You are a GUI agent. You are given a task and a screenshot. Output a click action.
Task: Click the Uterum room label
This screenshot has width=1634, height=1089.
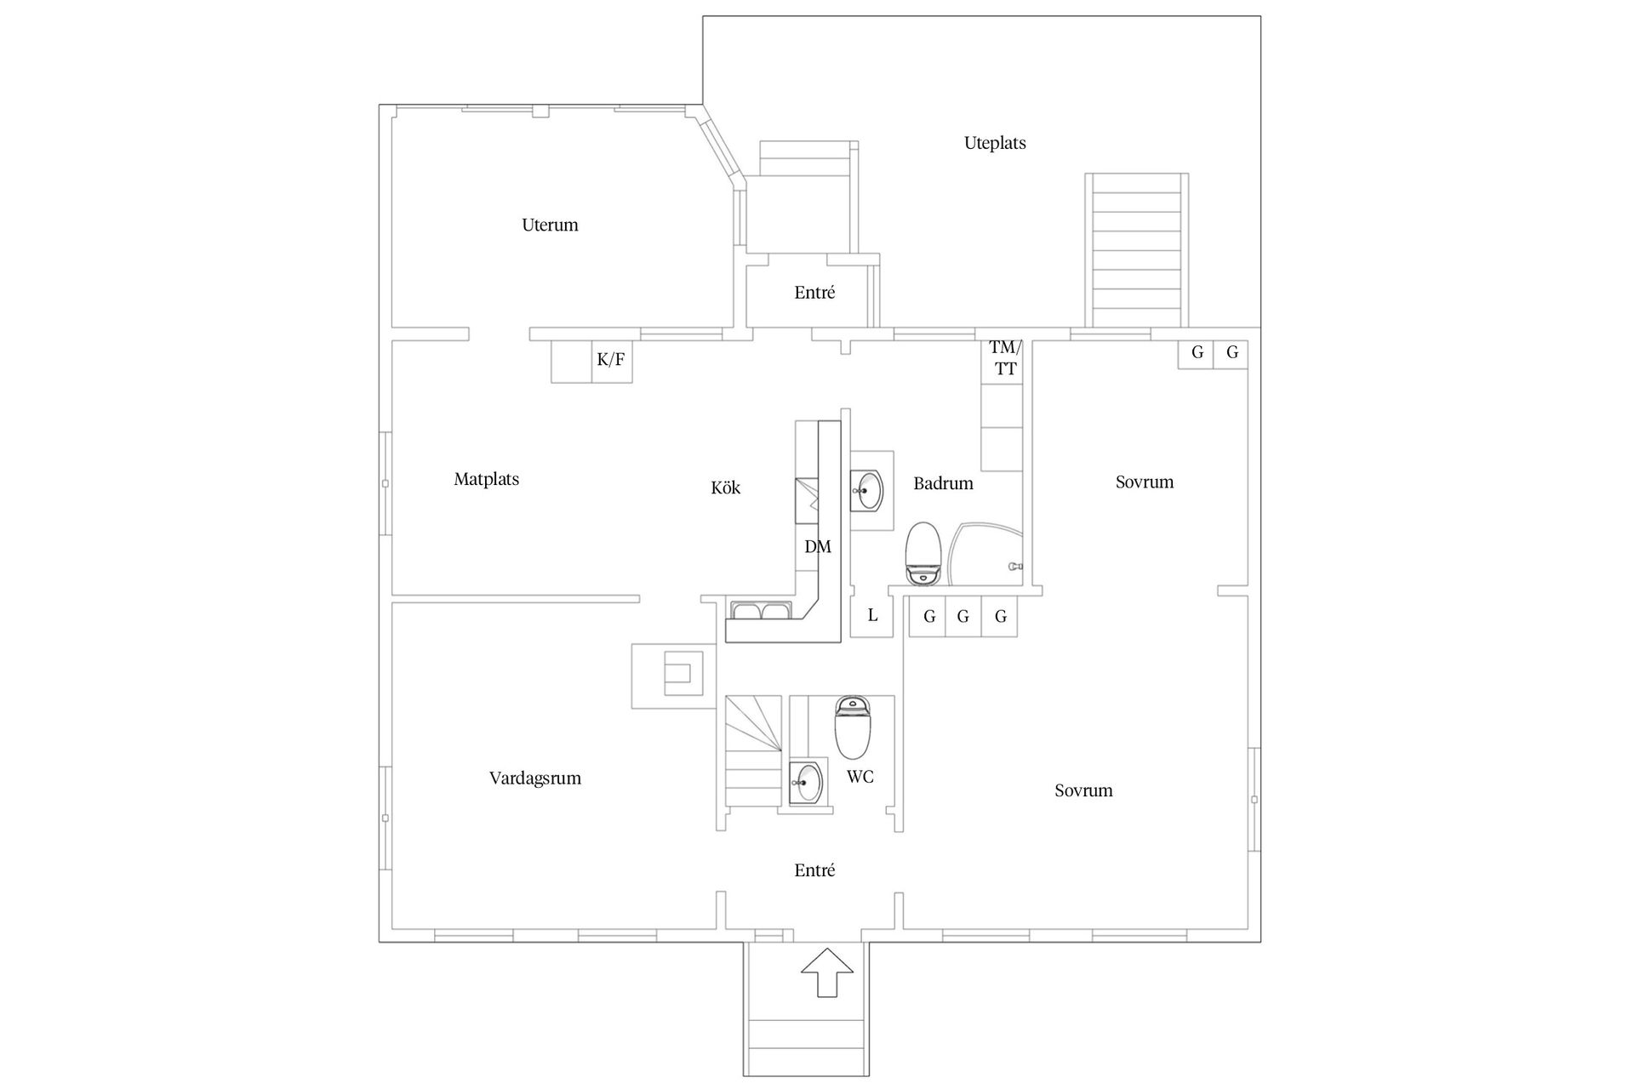pos(550,225)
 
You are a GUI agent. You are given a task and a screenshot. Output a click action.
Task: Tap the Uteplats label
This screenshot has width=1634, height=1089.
pos(994,143)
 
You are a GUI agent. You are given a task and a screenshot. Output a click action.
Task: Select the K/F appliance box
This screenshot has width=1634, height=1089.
pos(611,360)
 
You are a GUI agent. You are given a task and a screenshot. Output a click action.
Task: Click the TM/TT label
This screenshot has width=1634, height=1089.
pos(1003,358)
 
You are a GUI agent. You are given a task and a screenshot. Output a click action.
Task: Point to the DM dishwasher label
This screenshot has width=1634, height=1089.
pos(817,547)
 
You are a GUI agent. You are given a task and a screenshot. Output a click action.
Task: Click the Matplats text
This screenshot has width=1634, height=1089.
pos(486,479)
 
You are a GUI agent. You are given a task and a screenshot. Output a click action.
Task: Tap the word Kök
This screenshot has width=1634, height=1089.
pos(725,487)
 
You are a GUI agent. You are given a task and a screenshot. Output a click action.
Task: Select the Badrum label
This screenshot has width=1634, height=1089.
pos(943,483)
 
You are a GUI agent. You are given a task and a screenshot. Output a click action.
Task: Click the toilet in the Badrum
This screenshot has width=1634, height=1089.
pos(922,554)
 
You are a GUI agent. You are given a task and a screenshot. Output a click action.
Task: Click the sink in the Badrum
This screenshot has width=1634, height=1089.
pos(870,490)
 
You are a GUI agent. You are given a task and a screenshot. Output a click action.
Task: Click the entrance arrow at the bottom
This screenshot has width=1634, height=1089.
pos(827,972)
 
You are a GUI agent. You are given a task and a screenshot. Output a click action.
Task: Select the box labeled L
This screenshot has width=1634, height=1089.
pos(872,616)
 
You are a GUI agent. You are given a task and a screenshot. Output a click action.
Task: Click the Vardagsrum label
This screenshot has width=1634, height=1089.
pos(534,778)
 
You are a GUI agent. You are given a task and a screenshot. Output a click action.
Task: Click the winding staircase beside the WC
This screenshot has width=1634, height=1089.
pos(753,751)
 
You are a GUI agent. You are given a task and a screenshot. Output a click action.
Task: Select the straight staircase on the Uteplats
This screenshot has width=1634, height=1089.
pos(1136,251)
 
